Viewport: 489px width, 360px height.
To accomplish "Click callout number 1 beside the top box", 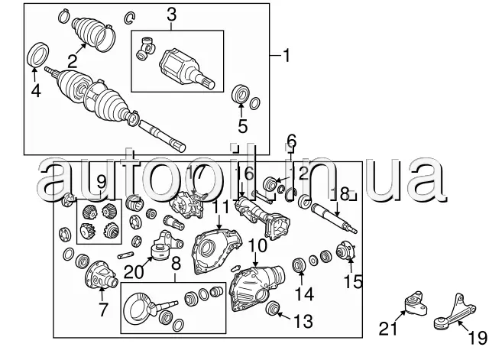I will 287,56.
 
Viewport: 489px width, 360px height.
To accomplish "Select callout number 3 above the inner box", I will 171,15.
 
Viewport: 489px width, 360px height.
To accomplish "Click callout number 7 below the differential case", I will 102,309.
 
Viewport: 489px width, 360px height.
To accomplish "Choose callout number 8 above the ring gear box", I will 175,267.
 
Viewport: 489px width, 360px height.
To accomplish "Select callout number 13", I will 303,319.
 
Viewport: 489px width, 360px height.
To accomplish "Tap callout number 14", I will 304,293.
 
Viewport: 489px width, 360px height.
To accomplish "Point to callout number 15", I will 352,283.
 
